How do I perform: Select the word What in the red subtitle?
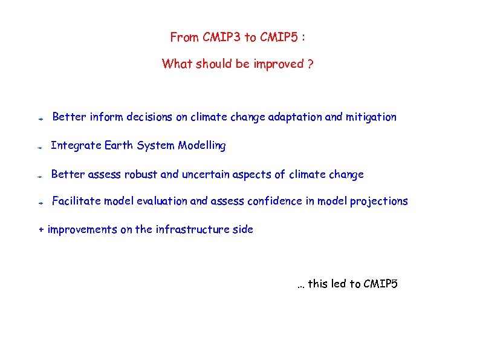coord(177,64)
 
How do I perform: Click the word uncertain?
coord(206,175)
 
